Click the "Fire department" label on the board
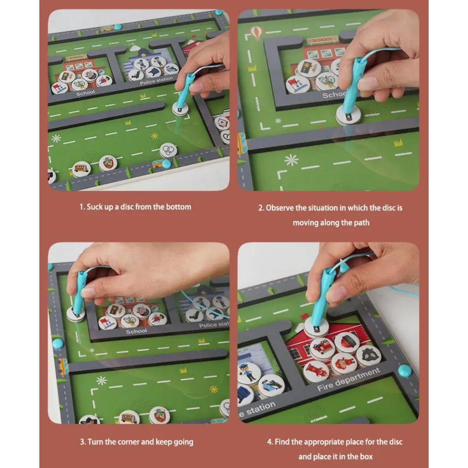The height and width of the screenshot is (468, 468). tap(348, 380)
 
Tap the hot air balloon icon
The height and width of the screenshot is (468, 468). tap(255, 32)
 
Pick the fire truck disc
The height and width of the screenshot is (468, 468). tap(322, 347)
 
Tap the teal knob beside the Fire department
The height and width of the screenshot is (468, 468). tap(404, 371)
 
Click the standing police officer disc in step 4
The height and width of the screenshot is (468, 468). tap(250, 373)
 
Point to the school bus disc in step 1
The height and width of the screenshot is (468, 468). tap(81, 169)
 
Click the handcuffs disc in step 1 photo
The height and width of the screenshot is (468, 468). tap(168, 150)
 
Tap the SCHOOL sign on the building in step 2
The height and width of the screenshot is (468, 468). tap(322, 40)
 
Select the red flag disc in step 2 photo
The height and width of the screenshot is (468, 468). tap(298, 84)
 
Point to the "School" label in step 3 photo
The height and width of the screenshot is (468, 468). tap(136, 331)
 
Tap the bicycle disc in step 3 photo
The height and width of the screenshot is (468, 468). tap(130, 320)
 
